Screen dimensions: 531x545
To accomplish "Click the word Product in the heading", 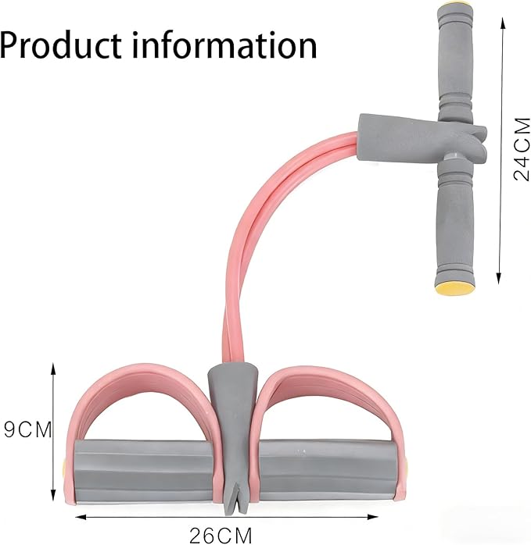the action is click(x=61, y=45).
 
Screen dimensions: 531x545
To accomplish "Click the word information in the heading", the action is click(x=224, y=45).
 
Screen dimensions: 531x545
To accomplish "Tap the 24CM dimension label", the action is click(x=522, y=149).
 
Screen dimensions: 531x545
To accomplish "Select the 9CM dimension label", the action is click(x=27, y=429).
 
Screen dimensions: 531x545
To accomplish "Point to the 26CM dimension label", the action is click(x=221, y=536).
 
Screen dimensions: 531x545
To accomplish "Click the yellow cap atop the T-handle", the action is click(x=454, y=7).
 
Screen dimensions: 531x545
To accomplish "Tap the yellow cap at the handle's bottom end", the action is click(x=455, y=287).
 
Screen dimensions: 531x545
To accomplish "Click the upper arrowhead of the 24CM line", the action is click(x=502, y=23).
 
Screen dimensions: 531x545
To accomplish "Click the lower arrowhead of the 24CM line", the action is click(x=499, y=278).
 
